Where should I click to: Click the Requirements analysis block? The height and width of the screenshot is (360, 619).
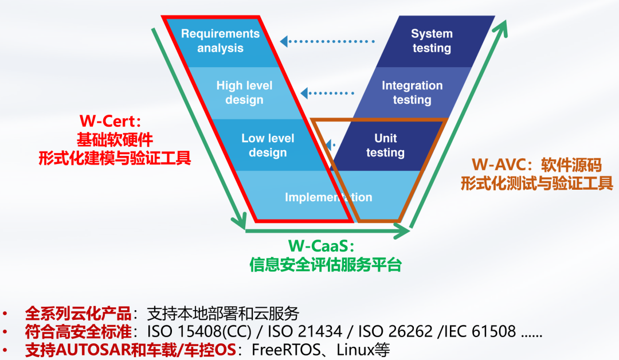tap(220, 41)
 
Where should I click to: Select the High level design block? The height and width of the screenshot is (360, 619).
tap(244, 92)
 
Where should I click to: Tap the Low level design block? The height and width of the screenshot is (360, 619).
tap(267, 145)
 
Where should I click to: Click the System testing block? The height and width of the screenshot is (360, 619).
tap(432, 41)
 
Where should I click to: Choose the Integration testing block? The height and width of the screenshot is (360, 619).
tap(412, 92)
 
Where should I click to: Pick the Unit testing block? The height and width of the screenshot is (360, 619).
tap(385, 145)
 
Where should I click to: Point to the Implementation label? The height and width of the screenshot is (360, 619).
tap(328, 197)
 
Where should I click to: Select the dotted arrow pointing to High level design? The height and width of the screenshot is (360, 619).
tap(327, 92)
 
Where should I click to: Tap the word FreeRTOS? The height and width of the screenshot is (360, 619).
tap(280, 350)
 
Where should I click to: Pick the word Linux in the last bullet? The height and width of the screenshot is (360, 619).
tap(354, 350)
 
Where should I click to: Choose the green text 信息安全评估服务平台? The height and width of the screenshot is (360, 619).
tap(326, 265)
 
